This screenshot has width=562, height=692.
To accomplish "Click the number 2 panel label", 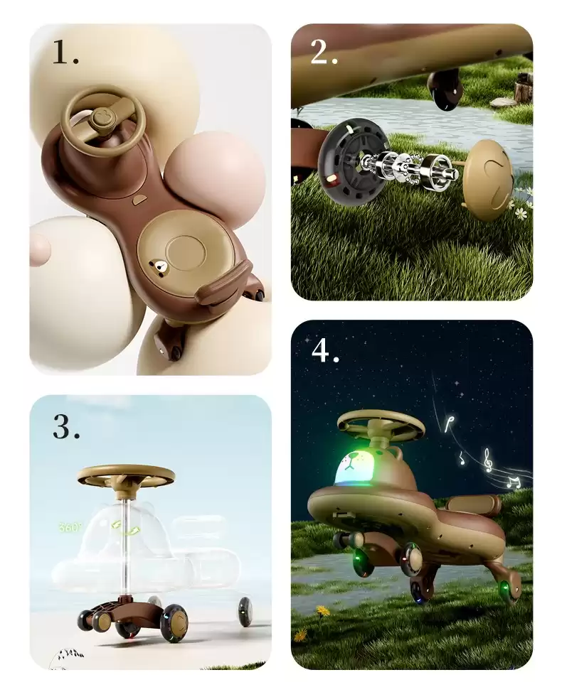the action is (324, 52).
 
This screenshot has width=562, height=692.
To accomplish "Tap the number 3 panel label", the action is (66, 427).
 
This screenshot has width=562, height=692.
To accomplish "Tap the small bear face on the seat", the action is (158, 267).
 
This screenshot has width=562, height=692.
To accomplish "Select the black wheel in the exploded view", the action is (351, 164).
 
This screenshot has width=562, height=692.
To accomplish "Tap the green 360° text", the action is (70, 527).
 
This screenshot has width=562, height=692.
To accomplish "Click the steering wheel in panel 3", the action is (126, 475).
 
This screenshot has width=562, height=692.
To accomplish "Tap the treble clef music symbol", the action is (487, 460).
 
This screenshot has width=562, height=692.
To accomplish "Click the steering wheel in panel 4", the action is (381, 423).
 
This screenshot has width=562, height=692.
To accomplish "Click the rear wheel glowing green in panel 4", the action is (507, 584).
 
